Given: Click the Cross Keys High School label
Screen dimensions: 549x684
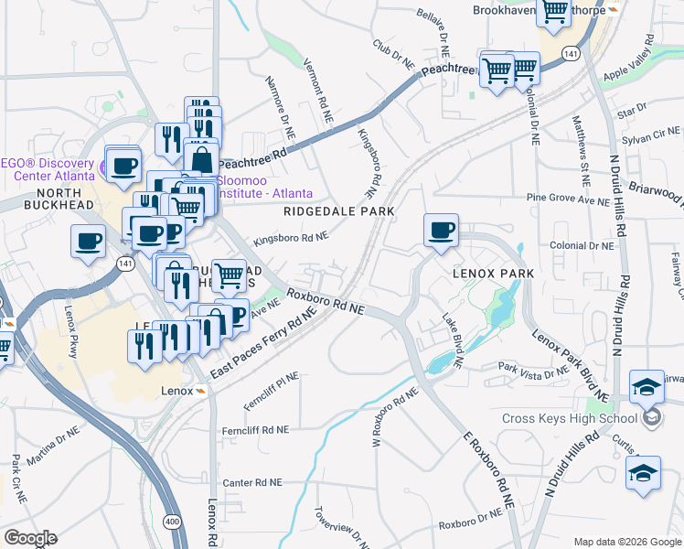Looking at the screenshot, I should (x=568, y=419).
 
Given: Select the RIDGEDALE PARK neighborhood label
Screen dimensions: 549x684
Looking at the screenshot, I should (x=338, y=211).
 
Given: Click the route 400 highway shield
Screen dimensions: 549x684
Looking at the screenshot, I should (x=170, y=520).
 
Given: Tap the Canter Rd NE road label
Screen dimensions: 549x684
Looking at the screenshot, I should (x=252, y=482).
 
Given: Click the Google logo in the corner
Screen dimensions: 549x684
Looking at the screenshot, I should (x=29, y=538).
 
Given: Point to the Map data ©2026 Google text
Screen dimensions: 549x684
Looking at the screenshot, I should (x=626, y=542).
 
